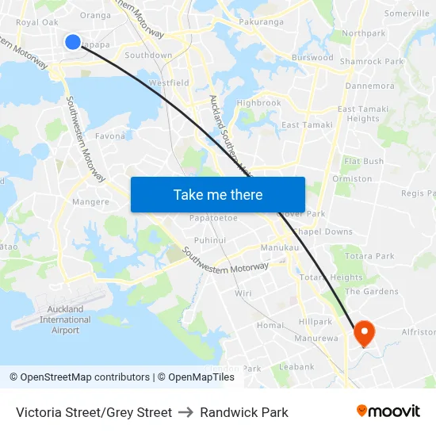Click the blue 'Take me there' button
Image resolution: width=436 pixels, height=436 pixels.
(x=217, y=194)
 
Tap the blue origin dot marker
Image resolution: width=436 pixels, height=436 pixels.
(x=72, y=42)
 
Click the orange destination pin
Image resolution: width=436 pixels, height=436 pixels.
(x=365, y=333)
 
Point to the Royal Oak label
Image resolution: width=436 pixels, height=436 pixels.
(x=37, y=22)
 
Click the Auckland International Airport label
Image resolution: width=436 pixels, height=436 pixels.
(x=65, y=319)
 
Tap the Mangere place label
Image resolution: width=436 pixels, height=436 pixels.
(x=90, y=202)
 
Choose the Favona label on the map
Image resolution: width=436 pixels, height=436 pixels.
(x=110, y=136)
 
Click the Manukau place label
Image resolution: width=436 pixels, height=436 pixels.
(x=279, y=248)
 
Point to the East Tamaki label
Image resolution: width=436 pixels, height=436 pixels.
(x=302, y=125)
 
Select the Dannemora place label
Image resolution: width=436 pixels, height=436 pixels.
(x=369, y=86)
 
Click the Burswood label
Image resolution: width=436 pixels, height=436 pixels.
(x=312, y=58)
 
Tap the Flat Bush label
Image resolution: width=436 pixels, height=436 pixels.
(x=364, y=162)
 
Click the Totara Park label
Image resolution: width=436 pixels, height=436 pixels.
(x=369, y=256)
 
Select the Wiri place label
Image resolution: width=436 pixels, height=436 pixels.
(x=243, y=293)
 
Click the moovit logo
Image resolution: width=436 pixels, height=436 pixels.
(x=388, y=411)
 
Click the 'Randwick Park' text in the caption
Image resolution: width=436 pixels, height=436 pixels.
(x=244, y=412)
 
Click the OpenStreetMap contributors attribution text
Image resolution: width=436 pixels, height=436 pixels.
(x=80, y=377)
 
